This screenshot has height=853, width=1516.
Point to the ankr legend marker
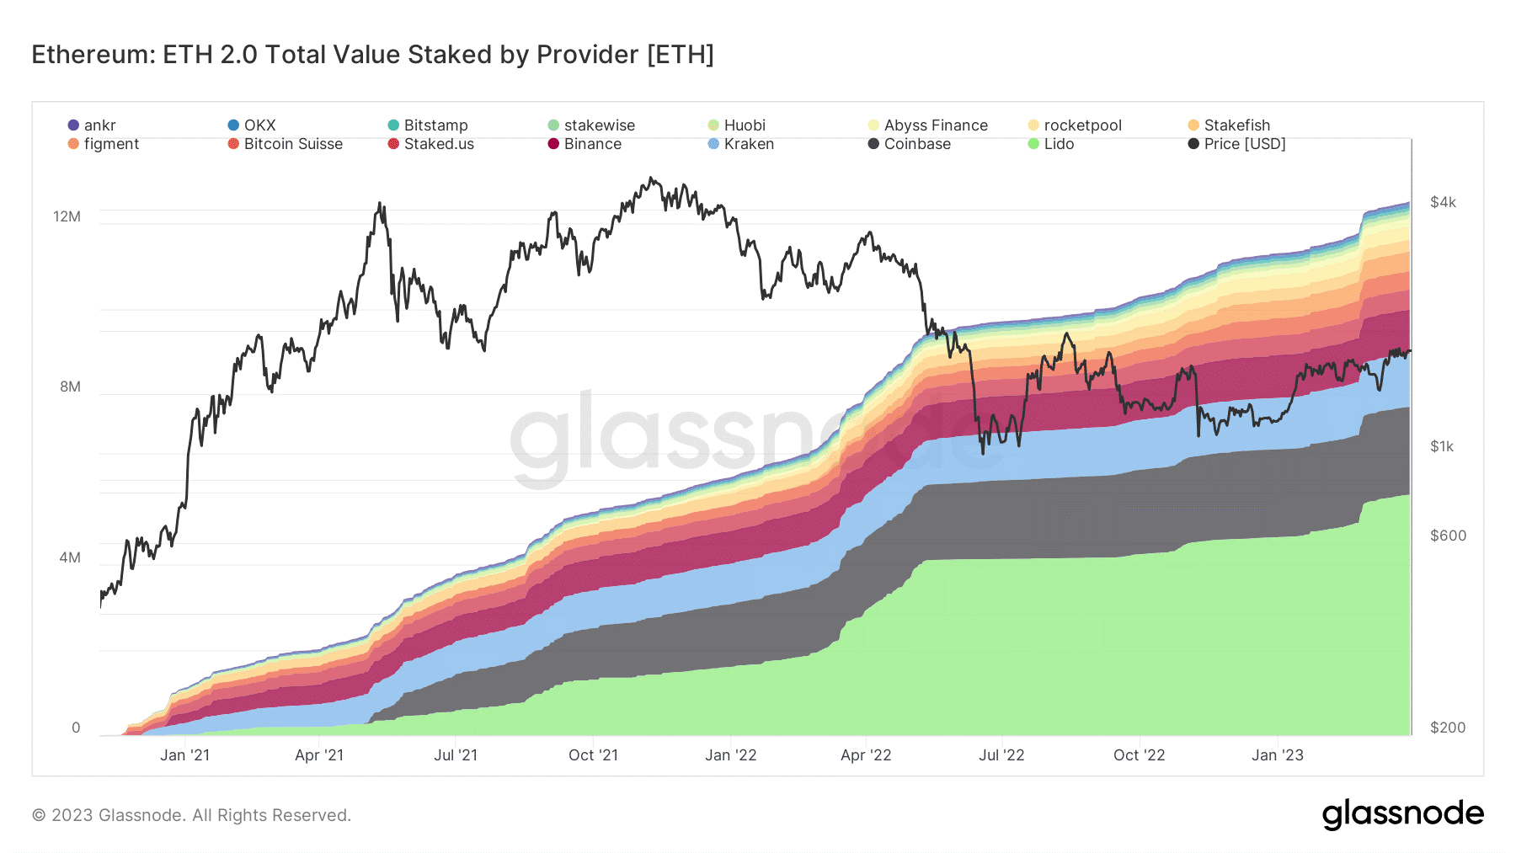[x=73, y=125]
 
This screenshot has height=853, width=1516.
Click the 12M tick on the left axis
[x=67, y=216]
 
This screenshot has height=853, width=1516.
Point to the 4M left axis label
[x=70, y=557]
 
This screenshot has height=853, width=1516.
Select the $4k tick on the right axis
[x=1443, y=202]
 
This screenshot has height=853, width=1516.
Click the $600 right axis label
[x=1448, y=536]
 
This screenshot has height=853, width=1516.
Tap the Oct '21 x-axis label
[x=593, y=755]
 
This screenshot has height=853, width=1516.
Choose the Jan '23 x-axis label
[x=1277, y=755]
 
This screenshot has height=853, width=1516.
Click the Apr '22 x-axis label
[x=866, y=755]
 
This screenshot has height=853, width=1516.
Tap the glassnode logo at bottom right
[x=1402, y=814]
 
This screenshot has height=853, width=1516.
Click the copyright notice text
[x=191, y=815]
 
